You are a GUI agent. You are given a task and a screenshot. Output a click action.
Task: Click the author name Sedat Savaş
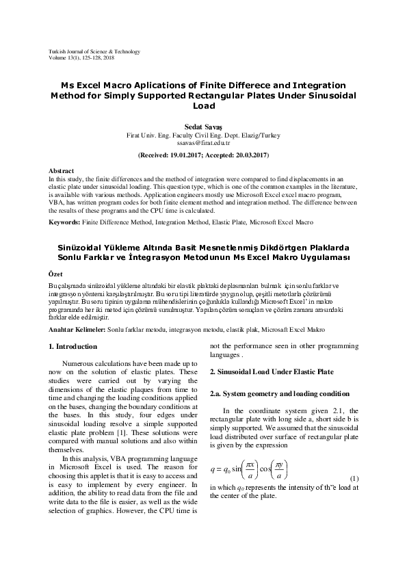coord(203,127)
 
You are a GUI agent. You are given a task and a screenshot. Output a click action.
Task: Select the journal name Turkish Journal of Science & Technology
coord(94,51)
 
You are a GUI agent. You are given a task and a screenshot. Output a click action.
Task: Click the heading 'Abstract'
coord(62,170)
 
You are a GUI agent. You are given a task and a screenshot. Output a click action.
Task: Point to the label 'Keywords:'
coord(64,222)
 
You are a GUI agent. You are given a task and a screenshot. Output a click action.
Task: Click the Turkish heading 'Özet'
coord(55,272)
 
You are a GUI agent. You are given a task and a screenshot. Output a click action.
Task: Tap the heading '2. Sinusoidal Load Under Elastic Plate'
coord(272,371)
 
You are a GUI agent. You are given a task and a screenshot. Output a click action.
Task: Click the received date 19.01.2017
coord(188,156)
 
